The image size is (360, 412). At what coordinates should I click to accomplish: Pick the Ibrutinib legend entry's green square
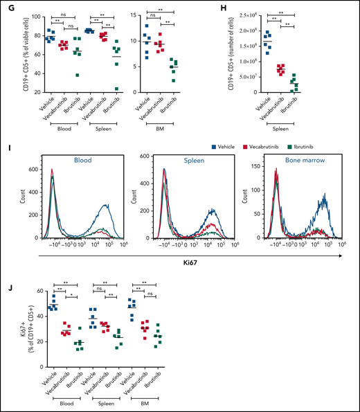coord(300,147)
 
